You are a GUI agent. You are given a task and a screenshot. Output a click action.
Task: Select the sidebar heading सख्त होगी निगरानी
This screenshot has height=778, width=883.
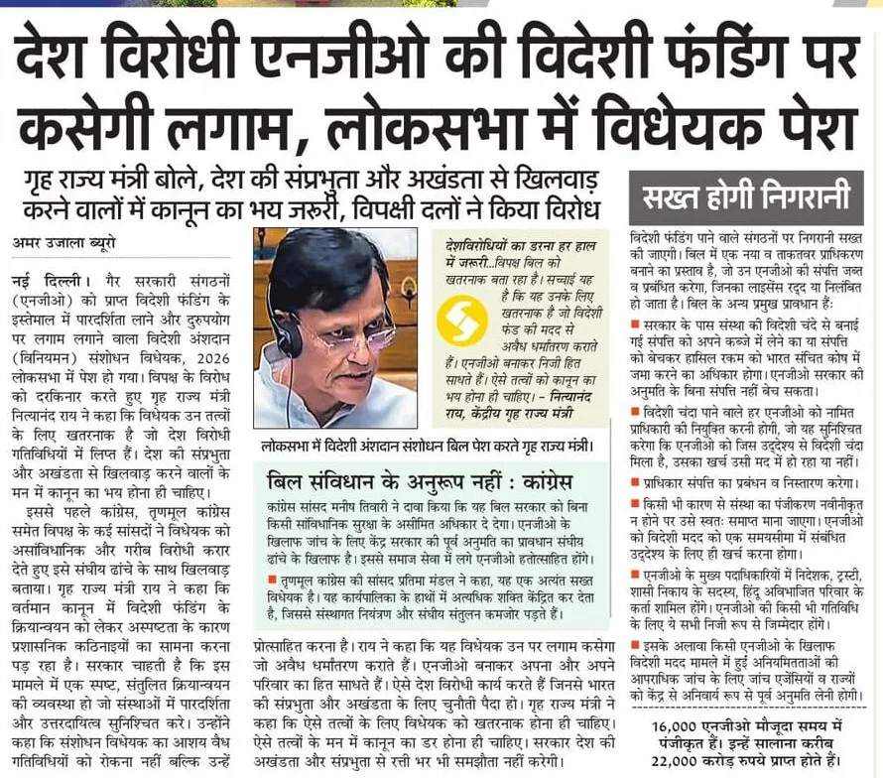click(x=746, y=197)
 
